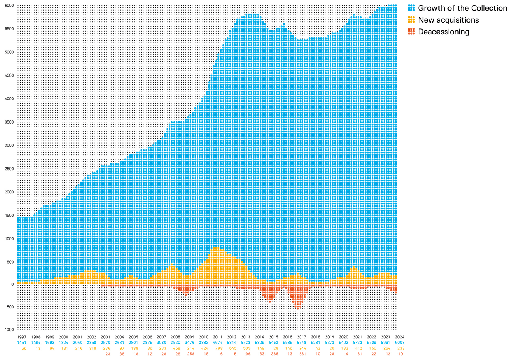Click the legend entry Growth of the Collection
tap(462, 8)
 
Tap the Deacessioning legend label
tap(444, 32)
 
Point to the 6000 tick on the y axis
tap(10, 6)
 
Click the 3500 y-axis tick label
tap(10, 122)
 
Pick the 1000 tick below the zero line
tap(10, 330)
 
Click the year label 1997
tap(22, 337)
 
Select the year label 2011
tap(217, 337)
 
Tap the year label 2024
tap(399, 337)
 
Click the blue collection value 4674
tap(217, 343)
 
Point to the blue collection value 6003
tap(399, 343)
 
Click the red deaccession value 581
tap(302, 354)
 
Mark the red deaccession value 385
tap(274, 354)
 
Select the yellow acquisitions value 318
tap(92, 349)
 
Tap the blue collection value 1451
tap(22, 343)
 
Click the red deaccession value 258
tap(190, 354)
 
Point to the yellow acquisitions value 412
tap(358, 349)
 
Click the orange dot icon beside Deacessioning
tap(411, 32)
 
